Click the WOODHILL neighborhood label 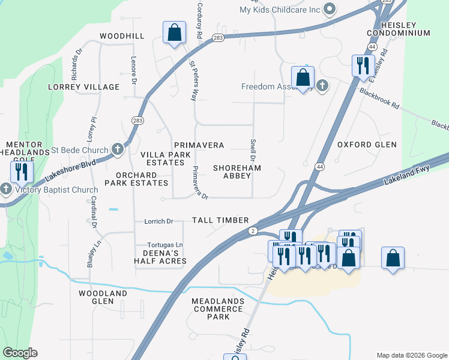point(122,36)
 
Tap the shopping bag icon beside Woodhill point(174,33)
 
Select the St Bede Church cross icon point(118,149)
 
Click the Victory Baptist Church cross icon point(7,190)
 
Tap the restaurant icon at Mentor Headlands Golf point(20,172)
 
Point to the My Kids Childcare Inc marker point(329,9)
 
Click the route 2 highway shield point(254,231)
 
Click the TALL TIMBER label point(220,220)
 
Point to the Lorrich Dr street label point(158,221)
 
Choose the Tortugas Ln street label point(165,245)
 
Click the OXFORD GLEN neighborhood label point(367,145)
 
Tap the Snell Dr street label point(252,151)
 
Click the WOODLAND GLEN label point(103,297)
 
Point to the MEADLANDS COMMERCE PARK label point(218,308)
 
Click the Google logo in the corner point(20,353)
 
